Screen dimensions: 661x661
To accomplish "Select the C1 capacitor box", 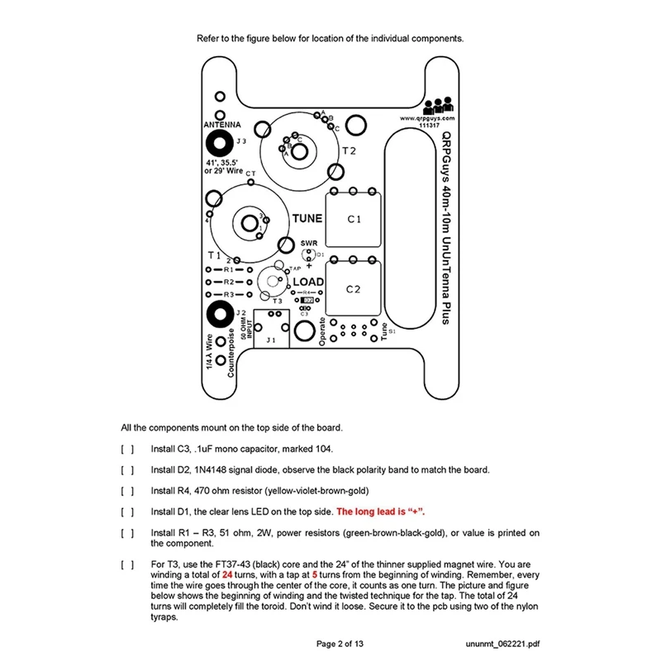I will (354, 219).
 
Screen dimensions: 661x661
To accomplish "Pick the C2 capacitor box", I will (354, 288).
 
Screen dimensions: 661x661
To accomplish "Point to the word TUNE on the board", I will (307, 219).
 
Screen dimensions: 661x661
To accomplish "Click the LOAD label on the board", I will (309, 282).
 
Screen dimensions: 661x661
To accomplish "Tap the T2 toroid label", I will (349, 151).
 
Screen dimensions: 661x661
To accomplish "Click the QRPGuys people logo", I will (438, 106).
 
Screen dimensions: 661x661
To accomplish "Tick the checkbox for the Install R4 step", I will (127, 491).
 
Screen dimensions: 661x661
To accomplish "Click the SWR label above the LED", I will (309, 242).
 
